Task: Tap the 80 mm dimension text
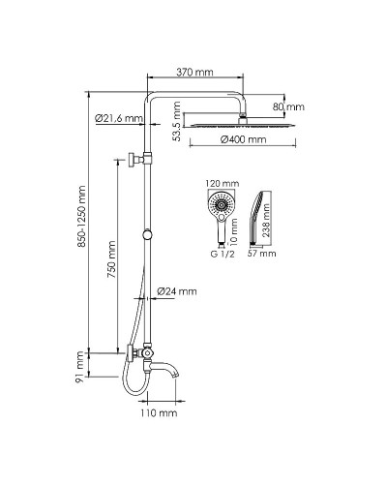[288, 106]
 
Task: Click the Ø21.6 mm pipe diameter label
[118, 118]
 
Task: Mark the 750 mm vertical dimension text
[112, 259]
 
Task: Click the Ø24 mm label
[181, 290]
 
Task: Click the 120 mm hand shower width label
[223, 183]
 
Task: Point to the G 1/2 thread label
[223, 254]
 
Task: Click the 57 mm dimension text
[261, 254]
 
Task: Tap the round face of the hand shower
[223, 205]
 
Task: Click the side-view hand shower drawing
[258, 218]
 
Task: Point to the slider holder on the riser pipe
[147, 232]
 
